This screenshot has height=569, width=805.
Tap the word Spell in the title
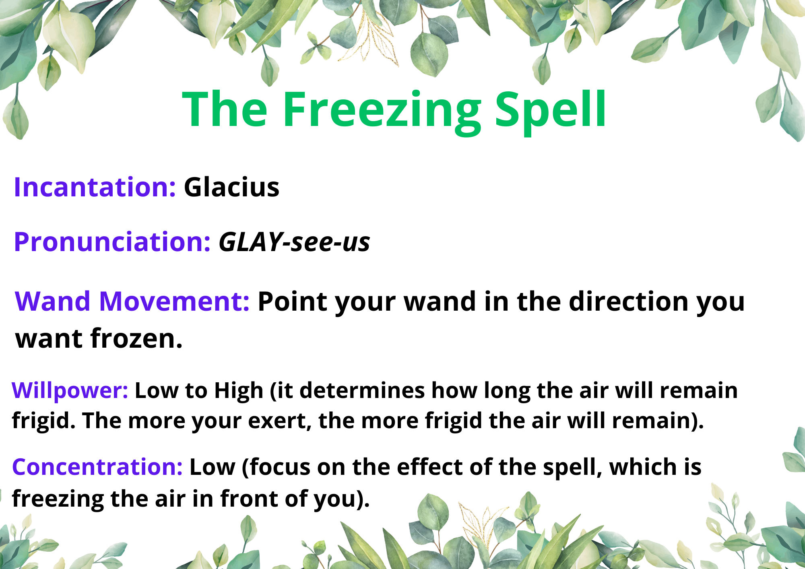pos(550,111)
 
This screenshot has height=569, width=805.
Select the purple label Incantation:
pos(95,187)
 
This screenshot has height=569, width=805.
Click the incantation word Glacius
pos(231,187)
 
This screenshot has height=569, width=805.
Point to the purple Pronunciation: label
pos(112,242)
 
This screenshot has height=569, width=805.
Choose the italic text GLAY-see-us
pos(294,242)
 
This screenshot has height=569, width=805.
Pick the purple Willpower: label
pos(70,391)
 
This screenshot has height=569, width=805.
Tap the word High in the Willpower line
pos(239,391)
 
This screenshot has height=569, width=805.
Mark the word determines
pos(362,390)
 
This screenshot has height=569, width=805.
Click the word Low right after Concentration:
pos(212,467)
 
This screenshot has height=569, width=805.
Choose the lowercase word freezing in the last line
pos(58,499)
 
